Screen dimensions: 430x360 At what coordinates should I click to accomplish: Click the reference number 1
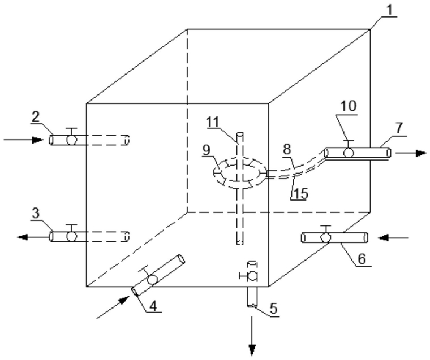[389, 10]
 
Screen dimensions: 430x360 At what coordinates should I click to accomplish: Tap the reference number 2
[36, 117]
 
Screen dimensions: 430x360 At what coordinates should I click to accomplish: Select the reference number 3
[36, 213]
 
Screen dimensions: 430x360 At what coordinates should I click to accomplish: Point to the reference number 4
[153, 306]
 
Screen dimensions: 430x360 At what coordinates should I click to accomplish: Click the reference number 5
[273, 308]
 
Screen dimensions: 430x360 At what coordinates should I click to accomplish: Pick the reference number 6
[362, 259]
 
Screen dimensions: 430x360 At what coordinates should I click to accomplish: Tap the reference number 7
[399, 128]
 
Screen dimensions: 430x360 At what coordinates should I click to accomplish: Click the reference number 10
[349, 106]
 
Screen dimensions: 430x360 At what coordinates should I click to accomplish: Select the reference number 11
[213, 122]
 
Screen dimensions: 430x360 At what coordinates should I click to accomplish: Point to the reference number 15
[301, 194]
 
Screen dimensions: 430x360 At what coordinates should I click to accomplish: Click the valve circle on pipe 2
[72, 140]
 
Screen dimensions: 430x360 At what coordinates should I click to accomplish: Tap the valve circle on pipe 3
[72, 236]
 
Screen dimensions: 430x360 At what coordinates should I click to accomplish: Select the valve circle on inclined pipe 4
[152, 280]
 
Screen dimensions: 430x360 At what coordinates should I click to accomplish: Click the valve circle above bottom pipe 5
[252, 276]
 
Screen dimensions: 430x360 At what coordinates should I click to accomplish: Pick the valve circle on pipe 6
[326, 237]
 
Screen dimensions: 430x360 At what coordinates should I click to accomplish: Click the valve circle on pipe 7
[349, 153]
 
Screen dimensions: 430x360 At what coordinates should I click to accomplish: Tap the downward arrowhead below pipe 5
[252, 350]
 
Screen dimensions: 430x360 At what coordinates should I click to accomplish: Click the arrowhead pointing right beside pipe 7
[421, 153]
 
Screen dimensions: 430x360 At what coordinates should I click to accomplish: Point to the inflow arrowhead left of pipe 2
[37, 140]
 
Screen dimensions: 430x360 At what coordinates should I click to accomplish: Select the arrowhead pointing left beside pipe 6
[384, 238]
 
